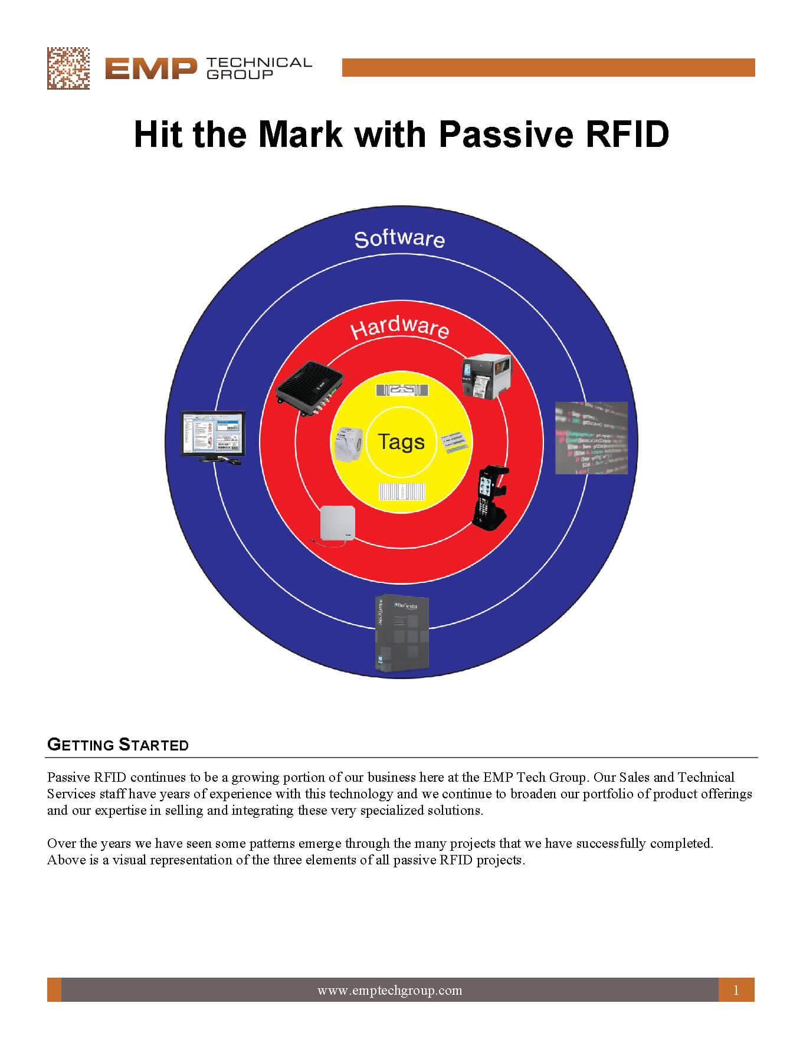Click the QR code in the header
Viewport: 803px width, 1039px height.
[68, 68]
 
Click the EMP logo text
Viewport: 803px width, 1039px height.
[150, 69]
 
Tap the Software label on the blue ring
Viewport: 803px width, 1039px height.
[399, 239]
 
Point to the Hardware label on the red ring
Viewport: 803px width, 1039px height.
[400, 327]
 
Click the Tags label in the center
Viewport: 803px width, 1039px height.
[401, 442]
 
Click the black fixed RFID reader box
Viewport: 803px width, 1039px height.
[310, 388]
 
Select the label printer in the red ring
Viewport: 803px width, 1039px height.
[486, 376]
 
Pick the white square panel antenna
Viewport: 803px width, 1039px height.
[337, 524]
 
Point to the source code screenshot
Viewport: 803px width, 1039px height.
[591, 438]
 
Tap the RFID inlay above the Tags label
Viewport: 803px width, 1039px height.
[402, 390]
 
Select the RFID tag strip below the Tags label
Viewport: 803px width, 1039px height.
[402, 492]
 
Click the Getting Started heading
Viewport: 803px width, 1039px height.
[118, 745]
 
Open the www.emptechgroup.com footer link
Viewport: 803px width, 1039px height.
[389, 991]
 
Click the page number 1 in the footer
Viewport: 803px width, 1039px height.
[736, 991]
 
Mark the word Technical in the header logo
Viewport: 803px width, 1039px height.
[259, 63]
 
